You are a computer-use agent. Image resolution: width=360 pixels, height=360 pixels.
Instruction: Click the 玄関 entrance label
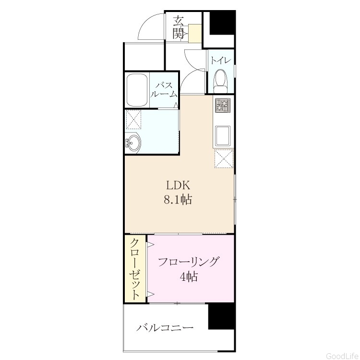click(x=179, y=27)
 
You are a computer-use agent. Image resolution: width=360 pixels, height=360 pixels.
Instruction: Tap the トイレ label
click(x=221, y=60)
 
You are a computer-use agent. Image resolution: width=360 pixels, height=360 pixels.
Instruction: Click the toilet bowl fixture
click(x=221, y=82)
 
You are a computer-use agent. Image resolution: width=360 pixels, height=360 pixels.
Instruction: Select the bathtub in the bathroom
click(x=137, y=90)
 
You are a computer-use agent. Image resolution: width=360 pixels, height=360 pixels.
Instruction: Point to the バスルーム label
click(x=164, y=90)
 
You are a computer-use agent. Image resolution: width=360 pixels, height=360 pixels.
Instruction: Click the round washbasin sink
click(x=132, y=143)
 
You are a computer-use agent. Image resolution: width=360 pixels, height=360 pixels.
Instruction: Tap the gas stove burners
click(x=223, y=106)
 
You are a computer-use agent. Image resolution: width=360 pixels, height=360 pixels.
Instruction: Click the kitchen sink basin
click(x=223, y=136)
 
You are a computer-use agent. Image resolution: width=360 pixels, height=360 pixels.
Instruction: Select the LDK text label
click(x=178, y=185)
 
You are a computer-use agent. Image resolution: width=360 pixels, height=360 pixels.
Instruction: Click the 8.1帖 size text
click(x=178, y=200)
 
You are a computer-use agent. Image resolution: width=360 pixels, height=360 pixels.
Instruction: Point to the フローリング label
click(x=188, y=262)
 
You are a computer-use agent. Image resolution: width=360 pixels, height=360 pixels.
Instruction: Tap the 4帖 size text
click(x=189, y=276)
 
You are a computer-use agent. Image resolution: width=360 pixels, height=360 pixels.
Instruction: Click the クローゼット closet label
click(x=135, y=269)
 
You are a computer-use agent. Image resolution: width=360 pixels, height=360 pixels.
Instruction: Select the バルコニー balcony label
click(x=165, y=328)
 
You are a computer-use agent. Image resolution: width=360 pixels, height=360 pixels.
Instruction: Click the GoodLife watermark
click(x=343, y=356)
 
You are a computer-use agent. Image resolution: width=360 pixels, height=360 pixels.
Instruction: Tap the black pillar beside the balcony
click(x=221, y=317)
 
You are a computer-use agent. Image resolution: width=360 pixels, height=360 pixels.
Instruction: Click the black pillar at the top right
click(x=222, y=23)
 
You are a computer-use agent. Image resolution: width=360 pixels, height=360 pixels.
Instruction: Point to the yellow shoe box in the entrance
click(x=194, y=33)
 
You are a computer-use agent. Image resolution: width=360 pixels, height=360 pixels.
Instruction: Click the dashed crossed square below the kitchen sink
click(x=224, y=159)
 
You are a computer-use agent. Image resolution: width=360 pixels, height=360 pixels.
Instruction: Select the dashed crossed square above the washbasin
click(x=133, y=120)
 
